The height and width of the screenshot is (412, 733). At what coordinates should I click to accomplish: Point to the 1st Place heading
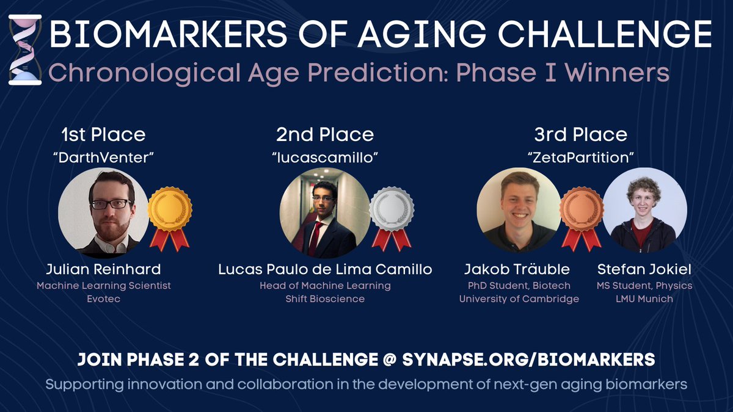[x=103, y=134]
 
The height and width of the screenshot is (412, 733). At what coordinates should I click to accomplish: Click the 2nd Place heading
[x=325, y=134]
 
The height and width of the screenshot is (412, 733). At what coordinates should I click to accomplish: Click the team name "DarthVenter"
[x=103, y=157]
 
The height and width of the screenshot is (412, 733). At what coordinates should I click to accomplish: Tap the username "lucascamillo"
[x=325, y=157]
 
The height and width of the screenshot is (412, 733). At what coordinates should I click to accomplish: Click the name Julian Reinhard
[x=103, y=269]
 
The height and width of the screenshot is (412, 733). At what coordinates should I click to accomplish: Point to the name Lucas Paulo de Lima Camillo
[x=325, y=269]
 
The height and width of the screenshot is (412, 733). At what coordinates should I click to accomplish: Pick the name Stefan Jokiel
[x=643, y=269]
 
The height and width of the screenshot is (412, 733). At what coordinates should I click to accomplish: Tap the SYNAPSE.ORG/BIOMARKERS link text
[x=528, y=360]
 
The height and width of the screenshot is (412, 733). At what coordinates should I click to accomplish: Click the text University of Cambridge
[x=519, y=298]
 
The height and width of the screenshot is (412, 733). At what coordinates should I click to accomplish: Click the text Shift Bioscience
[x=325, y=298]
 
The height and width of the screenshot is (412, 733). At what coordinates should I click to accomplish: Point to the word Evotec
[x=103, y=298]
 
